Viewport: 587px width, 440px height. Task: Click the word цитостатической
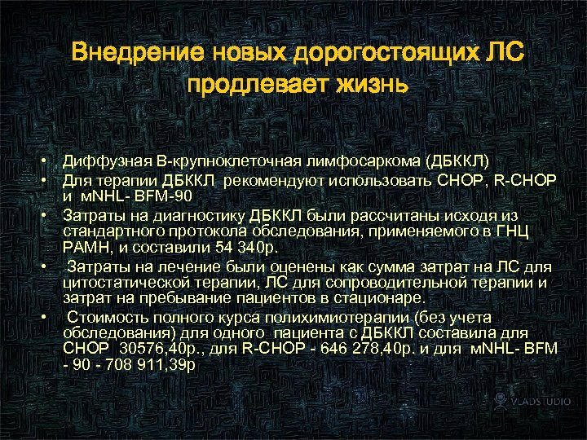click(x=126, y=283)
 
